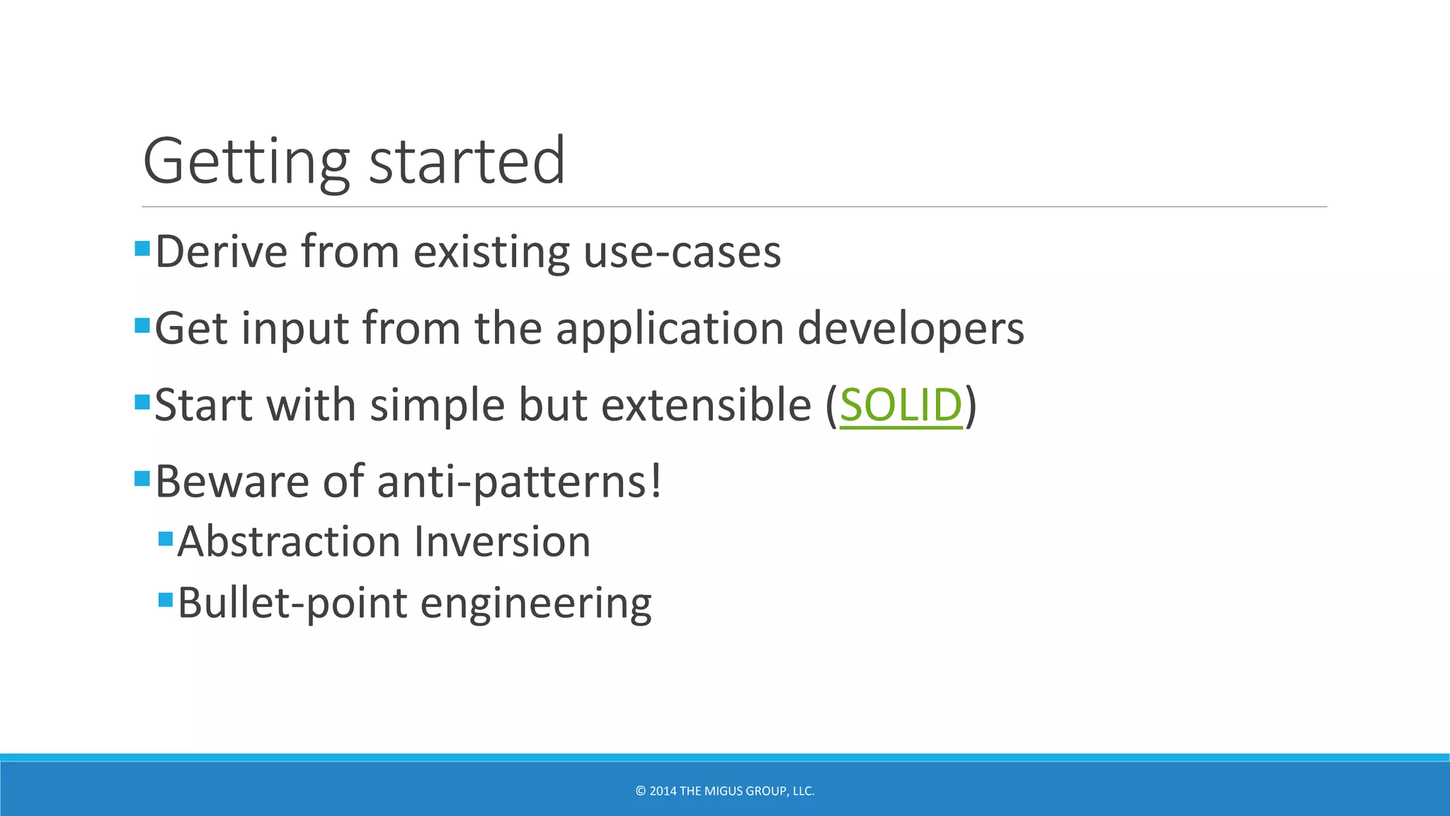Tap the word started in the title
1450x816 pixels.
[467, 161]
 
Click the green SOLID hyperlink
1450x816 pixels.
[901, 405]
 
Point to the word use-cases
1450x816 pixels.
[682, 251]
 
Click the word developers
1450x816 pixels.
[910, 329]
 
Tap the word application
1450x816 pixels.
[669, 329]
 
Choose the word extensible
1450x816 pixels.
[706, 405]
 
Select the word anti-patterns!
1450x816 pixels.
[520, 482]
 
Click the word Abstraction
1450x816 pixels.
[289, 542]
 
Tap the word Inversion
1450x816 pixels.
[502, 542]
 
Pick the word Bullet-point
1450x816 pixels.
[292, 603]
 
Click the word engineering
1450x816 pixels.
[536, 603]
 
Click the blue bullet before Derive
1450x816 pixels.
[142, 249]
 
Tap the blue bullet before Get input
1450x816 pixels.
[142, 326]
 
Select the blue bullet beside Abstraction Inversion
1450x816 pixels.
[166, 539]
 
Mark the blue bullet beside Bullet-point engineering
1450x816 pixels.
[166, 601]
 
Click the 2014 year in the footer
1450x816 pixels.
[663, 791]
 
